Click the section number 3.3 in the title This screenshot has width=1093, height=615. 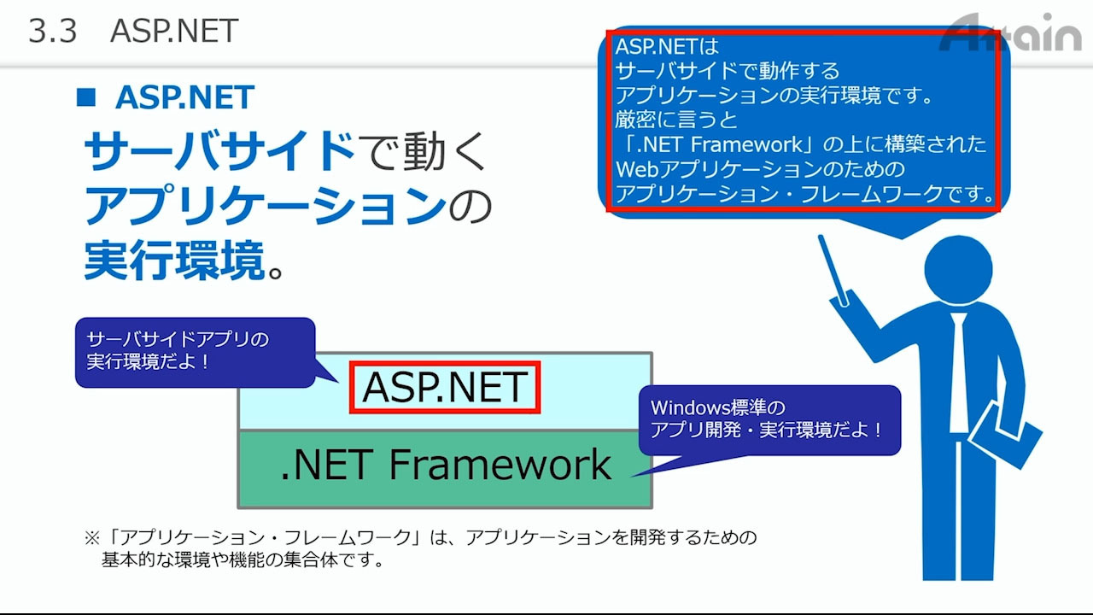[53, 31]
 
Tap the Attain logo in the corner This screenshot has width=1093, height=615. [1010, 32]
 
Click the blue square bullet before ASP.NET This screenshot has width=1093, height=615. [86, 97]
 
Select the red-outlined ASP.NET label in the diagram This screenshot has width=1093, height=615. [445, 387]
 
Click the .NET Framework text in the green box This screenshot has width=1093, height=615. [446, 465]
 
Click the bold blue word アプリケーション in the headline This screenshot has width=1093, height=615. [266, 206]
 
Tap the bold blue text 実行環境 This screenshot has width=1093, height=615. [175, 261]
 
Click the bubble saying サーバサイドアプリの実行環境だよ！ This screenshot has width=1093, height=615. [196, 352]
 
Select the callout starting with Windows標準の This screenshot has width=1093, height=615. [769, 419]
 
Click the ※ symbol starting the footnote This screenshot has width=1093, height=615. [92, 538]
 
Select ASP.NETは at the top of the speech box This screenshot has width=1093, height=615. [667, 47]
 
